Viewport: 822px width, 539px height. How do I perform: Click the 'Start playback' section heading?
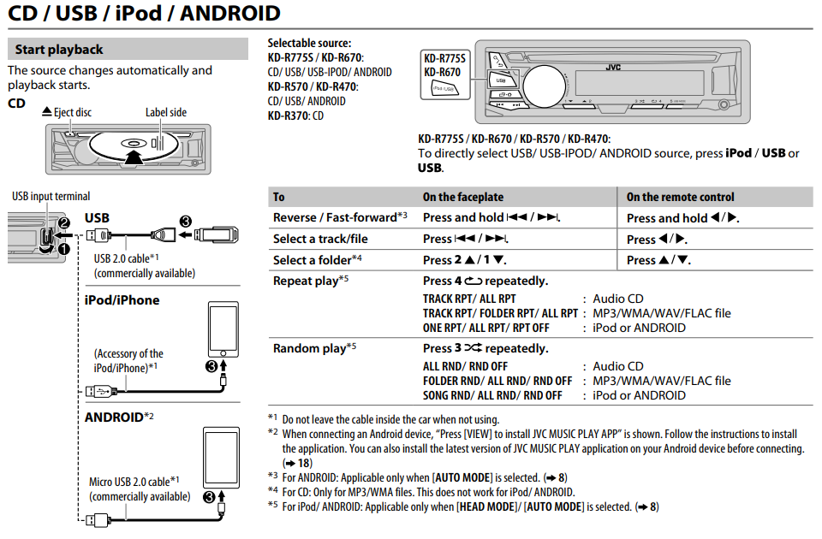coord(59,50)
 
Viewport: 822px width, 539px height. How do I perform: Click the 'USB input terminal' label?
coord(51,196)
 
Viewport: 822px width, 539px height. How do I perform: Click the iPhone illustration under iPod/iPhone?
coord(223,329)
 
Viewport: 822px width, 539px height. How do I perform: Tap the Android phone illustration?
coord(222,457)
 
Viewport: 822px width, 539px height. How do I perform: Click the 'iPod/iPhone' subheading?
coord(122,300)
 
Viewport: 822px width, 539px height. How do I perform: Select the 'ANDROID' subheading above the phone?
coord(114,418)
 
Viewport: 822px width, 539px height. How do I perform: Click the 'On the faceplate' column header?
coord(462,197)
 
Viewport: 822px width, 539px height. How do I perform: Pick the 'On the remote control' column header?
coord(680,197)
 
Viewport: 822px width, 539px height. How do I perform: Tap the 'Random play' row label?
coord(309,348)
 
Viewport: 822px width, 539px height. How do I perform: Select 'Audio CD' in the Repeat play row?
coord(617,299)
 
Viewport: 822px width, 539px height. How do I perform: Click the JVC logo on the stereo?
coord(613,66)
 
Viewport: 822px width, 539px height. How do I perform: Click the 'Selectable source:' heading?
coord(309,43)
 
